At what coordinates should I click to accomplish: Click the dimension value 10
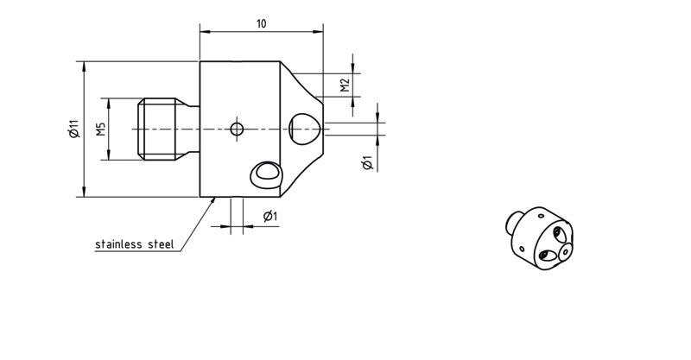tap(262, 23)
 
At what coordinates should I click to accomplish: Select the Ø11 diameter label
tap(74, 129)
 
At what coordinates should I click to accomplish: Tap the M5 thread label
tap(101, 129)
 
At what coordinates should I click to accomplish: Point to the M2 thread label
tap(345, 85)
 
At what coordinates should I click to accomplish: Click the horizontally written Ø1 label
tap(270, 216)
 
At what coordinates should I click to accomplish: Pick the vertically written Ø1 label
tap(367, 162)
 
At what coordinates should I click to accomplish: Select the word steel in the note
tap(161, 244)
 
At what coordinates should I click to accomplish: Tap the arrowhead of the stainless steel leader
tap(214, 199)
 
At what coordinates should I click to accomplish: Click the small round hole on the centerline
tap(237, 129)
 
